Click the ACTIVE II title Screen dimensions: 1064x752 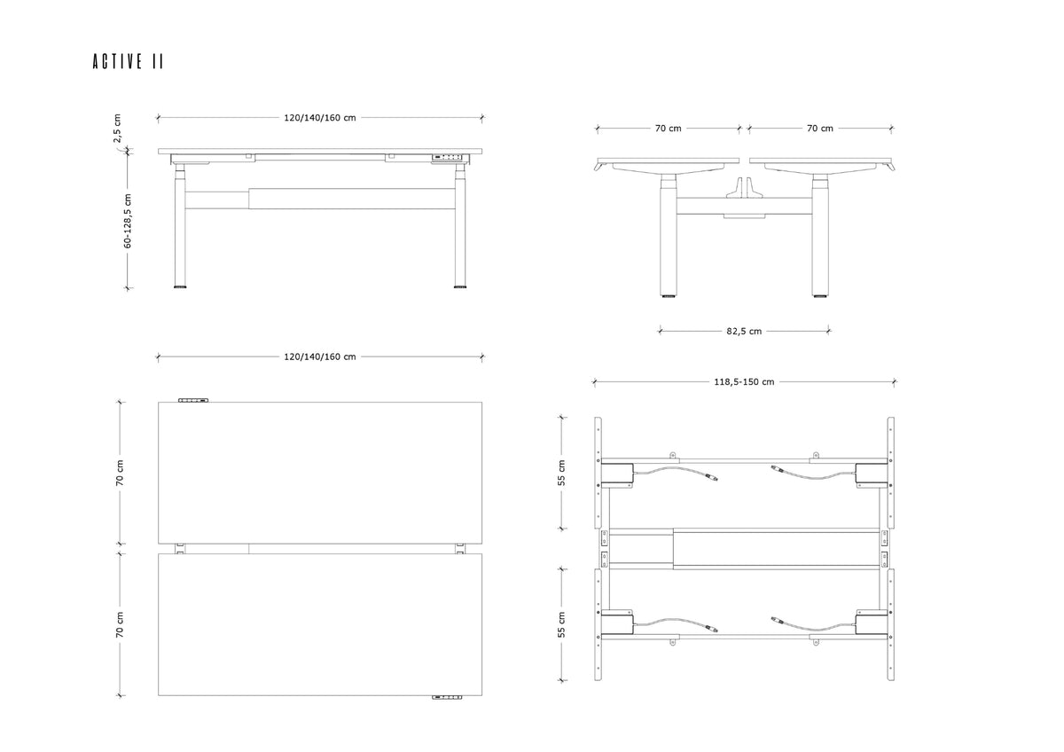coord(129,61)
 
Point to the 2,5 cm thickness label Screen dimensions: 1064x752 coord(117,128)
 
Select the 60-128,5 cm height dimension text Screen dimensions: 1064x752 coord(128,221)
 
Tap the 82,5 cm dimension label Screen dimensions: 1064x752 coord(744,331)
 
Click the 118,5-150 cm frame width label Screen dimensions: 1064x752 coord(744,382)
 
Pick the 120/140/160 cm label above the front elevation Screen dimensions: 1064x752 coord(320,118)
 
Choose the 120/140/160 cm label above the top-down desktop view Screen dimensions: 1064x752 coord(320,356)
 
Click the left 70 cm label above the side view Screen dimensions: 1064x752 coord(668,129)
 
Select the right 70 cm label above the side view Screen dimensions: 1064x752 coord(820,129)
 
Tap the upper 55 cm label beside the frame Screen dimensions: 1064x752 coord(561,473)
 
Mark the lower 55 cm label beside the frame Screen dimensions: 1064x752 coord(561,624)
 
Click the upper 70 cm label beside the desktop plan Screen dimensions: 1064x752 coord(120,473)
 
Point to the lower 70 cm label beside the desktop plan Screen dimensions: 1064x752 coord(120,624)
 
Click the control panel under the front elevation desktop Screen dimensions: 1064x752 coord(447,157)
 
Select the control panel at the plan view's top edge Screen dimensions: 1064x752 coord(193,401)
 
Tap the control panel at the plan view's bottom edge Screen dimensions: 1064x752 coord(447,697)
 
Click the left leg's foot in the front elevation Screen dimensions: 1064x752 coord(180,286)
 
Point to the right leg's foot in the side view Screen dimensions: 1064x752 coord(820,296)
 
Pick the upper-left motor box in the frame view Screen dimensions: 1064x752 coord(617,474)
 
